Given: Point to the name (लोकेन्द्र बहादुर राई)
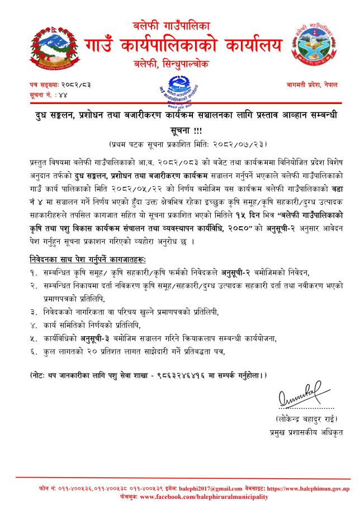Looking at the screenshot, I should click(x=307, y=418).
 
